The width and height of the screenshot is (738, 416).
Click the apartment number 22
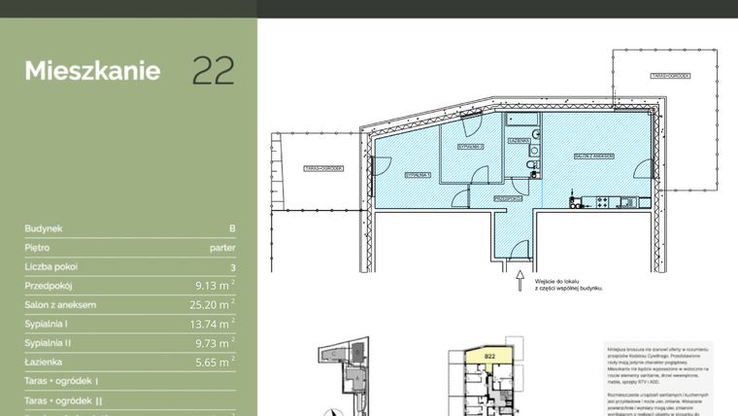[x=213, y=71]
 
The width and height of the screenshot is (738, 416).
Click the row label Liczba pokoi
[x=51, y=266]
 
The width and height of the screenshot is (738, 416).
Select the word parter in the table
[x=222, y=248]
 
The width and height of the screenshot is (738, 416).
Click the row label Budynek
[x=44, y=229]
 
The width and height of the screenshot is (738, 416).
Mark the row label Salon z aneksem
[x=60, y=305]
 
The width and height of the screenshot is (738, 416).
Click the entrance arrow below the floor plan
[x=520, y=281]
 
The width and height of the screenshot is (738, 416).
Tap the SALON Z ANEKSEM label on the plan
[x=591, y=156]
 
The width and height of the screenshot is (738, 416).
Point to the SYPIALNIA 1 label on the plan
[x=418, y=175]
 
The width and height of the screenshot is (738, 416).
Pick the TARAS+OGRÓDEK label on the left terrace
[x=323, y=168]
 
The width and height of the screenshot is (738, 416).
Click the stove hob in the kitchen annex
[x=602, y=201]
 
